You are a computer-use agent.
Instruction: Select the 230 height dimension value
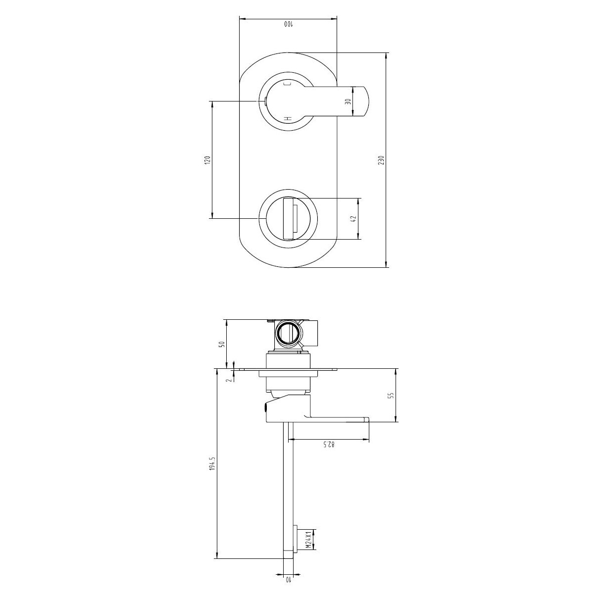coord(381,160)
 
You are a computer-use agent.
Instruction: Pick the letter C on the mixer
coord(286,85)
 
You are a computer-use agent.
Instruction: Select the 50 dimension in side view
coord(222,344)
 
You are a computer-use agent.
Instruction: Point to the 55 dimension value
coord(390,395)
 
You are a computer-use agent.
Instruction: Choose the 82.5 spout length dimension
coord(330,445)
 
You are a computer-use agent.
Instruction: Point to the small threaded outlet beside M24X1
coord(296,539)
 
